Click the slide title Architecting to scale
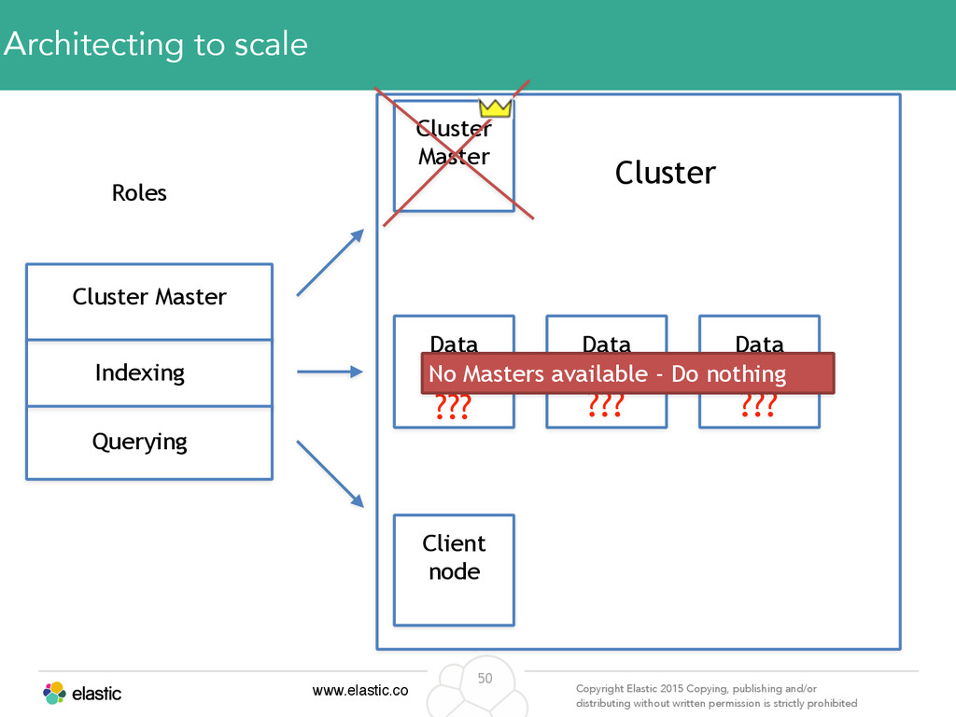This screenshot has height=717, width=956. pos(156,45)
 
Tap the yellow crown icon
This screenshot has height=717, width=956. pos(495,108)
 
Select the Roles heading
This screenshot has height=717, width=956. pos(139,192)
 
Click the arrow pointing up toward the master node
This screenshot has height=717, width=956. pos(330,262)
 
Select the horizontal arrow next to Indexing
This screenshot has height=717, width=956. pos(330,372)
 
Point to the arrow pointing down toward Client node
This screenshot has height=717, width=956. pos(330,473)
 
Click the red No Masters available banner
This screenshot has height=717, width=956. pos(627,373)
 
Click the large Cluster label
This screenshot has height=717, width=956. pos(665,173)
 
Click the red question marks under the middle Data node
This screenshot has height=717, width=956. pos(605,405)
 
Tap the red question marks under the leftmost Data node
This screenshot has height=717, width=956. pos(453,407)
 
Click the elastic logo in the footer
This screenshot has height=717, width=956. pos(82,694)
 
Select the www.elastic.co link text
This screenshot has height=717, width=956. pos(360,690)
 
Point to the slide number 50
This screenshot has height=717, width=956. pos(485,678)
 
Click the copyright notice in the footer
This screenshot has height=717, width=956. pos(716,696)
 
